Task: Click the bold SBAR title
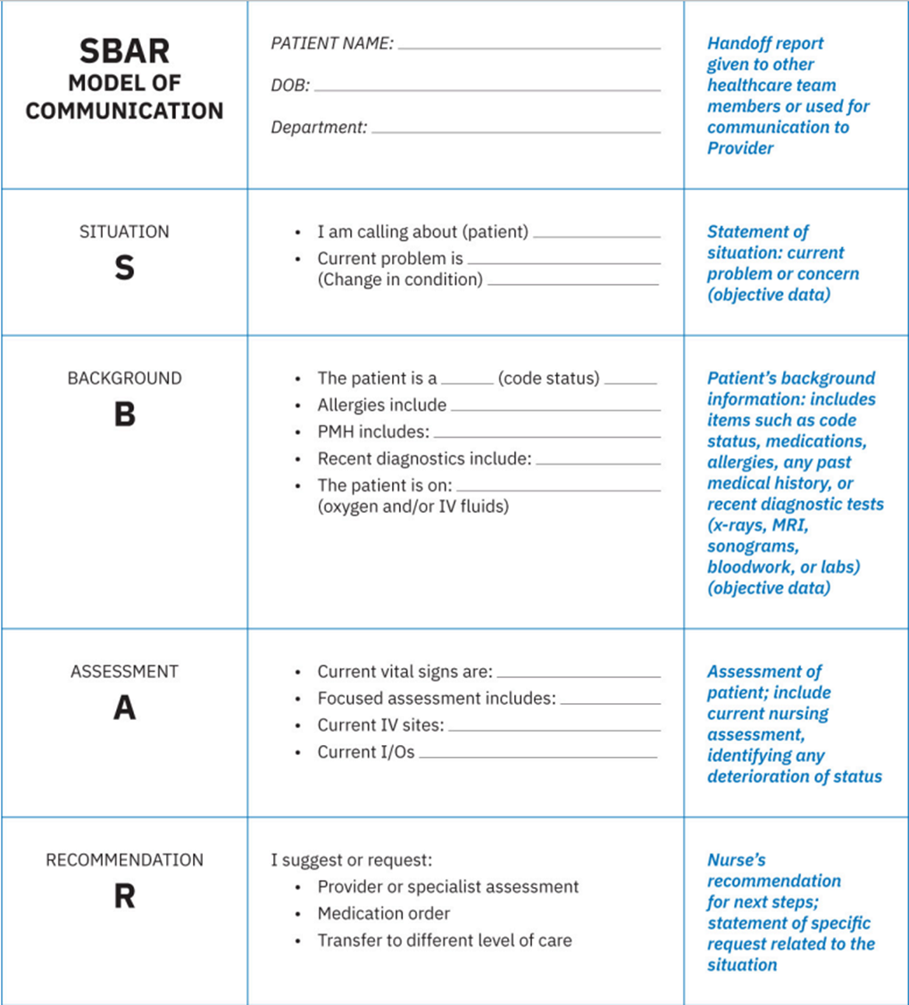pos(124,52)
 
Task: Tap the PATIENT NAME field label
pos(332,43)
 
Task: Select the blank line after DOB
pos(487,90)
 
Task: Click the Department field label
pos(319,128)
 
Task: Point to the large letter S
pos(124,268)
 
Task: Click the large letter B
pos(124,415)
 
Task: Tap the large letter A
pos(124,708)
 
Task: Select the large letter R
pos(124,897)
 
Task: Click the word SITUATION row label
pos(124,232)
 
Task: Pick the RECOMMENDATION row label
pos(124,860)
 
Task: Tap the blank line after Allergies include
pos(555,410)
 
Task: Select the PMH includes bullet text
pos(373,432)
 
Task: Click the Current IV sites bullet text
pos(380,725)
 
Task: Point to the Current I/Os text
pos(366,752)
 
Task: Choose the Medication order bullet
pos(384,913)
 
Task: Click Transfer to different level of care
pos(445,940)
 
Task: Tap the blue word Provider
pos(740,148)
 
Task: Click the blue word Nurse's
pos(737,860)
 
